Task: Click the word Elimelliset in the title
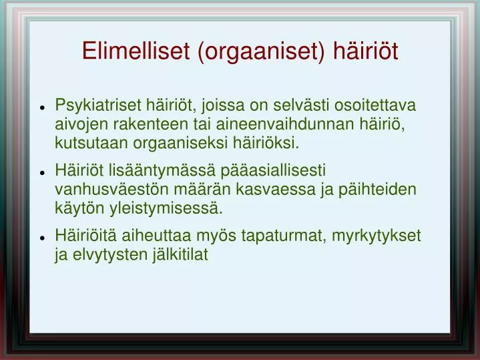136,51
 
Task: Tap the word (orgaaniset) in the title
262,52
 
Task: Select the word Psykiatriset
98,106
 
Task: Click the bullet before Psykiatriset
42,108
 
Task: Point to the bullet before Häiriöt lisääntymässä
42,172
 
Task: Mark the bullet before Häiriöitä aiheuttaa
42,238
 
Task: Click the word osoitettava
375,105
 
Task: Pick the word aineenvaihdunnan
285,124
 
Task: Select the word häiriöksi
266,143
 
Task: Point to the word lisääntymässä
162,171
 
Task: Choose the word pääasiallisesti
273,171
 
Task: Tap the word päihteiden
377,190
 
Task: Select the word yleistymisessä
166,209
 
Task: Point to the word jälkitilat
181,255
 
